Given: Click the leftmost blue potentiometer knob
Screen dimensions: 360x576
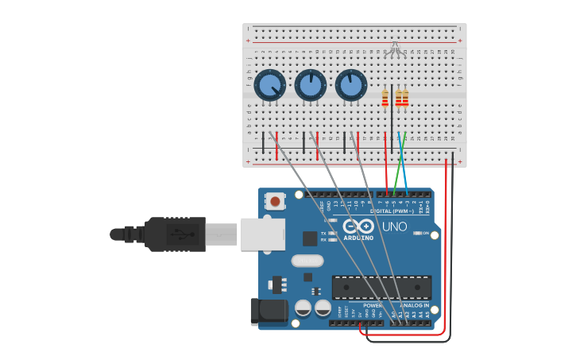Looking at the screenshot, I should (270, 85).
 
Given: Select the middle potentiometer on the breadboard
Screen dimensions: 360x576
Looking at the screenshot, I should (311, 85).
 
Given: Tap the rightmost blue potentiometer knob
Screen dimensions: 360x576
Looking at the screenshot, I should (350, 85).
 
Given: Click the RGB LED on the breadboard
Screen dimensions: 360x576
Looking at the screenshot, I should (394, 52).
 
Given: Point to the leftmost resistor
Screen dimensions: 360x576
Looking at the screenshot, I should (385, 99).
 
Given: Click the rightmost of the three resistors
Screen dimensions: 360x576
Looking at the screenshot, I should (405, 99).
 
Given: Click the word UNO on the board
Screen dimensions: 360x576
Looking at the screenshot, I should (394, 226).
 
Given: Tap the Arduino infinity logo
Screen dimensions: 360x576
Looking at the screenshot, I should (358, 226).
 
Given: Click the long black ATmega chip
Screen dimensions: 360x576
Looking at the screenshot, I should (381, 287).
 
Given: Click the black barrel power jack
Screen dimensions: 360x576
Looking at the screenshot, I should (269, 312).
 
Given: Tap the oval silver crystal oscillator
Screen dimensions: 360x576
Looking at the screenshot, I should (307, 261).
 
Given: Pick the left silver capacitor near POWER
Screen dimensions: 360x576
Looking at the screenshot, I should (303, 308).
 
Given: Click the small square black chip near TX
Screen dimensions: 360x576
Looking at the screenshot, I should (310, 238).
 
